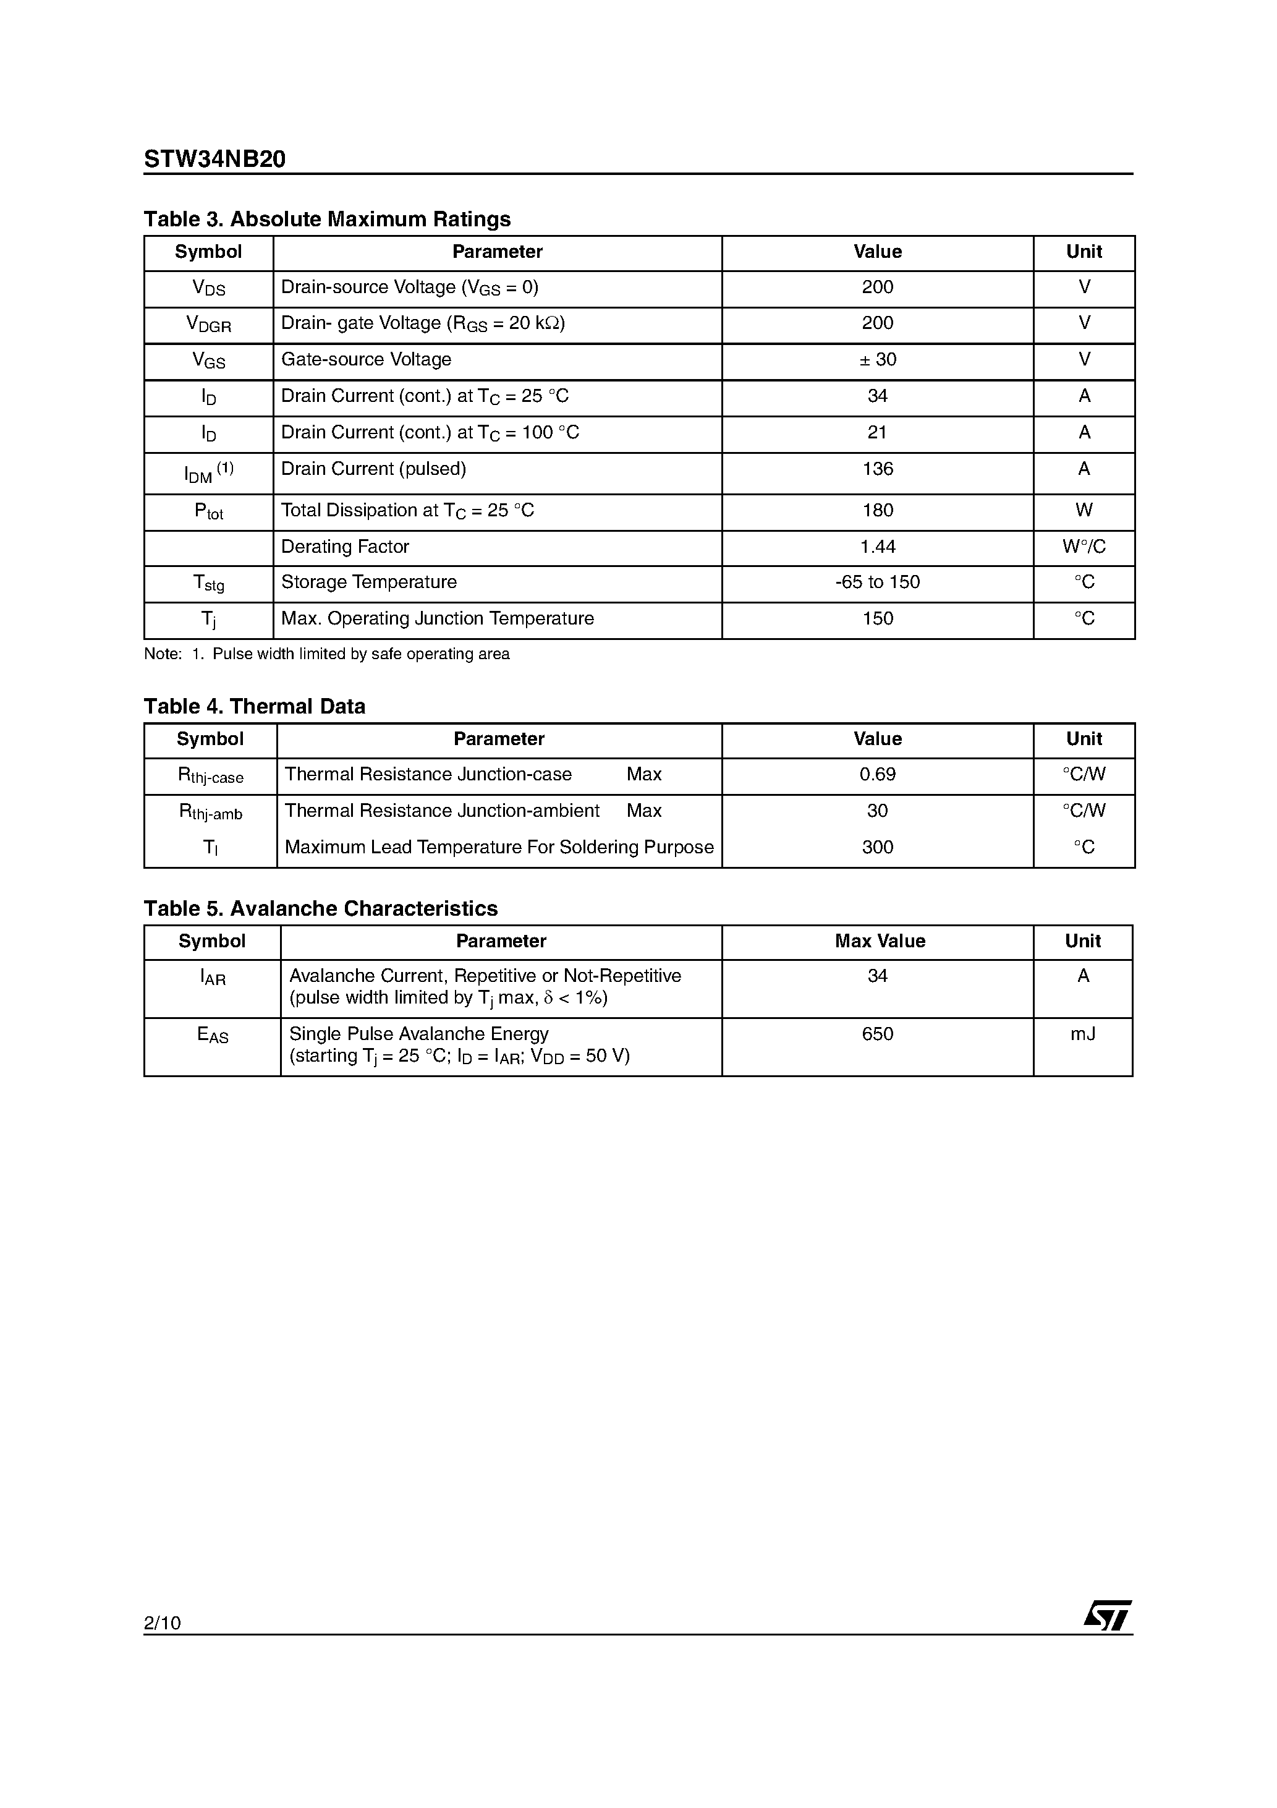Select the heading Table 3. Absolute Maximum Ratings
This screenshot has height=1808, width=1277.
click(327, 219)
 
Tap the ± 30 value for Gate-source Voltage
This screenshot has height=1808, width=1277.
click(877, 360)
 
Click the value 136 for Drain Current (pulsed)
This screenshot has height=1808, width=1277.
click(877, 469)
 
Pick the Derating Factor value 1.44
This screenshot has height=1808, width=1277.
click(877, 547)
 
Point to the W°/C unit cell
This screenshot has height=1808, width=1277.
click(1084, 547)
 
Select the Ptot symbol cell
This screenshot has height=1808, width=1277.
click(209, 512)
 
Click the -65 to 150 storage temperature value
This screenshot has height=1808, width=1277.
click(877, 582)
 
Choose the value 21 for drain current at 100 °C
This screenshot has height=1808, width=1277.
click(877, 432)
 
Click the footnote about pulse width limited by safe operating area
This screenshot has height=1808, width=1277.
click(327, 654)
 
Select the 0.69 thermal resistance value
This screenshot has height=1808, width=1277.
click(877, 775)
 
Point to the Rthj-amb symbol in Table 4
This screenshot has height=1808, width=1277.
click(210, 812)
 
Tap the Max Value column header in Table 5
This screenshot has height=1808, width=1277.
click(880, 942)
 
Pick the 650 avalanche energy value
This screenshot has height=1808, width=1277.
click(877, 1034)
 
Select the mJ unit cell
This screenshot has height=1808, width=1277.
click(1082, 1034)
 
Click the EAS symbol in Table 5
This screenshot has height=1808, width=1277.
click(213, 1036)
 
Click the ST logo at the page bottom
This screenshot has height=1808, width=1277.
click(1107, 1616)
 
